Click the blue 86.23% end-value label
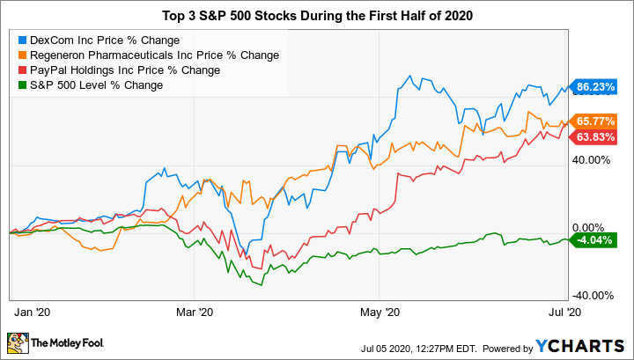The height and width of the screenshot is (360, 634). click(593, 88)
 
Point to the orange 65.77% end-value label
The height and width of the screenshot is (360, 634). click(593, 121)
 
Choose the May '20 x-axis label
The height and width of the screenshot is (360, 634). click(380, 312)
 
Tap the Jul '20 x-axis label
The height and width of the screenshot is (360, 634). click(564, 312)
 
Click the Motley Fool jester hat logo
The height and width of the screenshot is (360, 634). click(18, 342)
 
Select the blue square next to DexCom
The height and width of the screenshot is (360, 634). click(22, 40)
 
